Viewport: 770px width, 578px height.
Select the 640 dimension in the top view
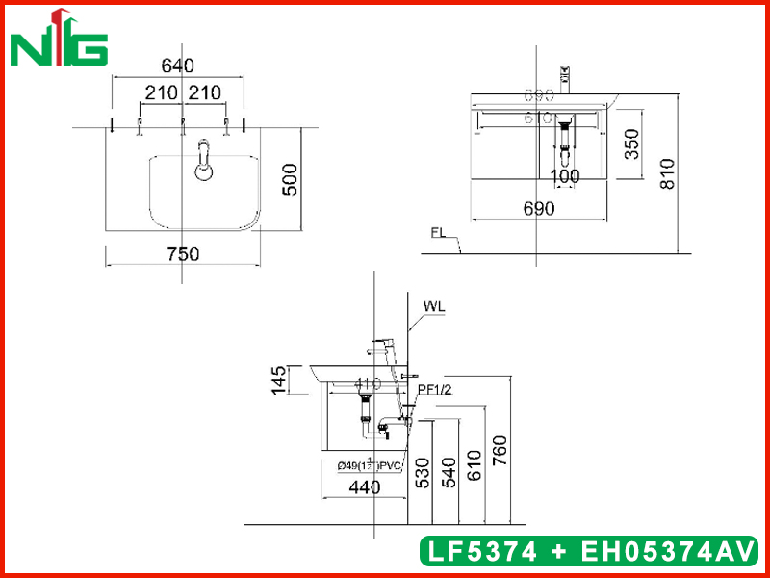pyautogui.click(x=178, y=66)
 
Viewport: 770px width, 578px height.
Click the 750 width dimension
pyautogui.click(x=183, y=254)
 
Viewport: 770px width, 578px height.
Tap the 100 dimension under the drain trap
pyautogui.click(x=565, y=177)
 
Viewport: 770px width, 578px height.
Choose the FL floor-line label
pyautogui.click(x=439, y=233)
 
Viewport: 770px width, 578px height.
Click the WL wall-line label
pyautogui.click(x=433, y=307)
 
